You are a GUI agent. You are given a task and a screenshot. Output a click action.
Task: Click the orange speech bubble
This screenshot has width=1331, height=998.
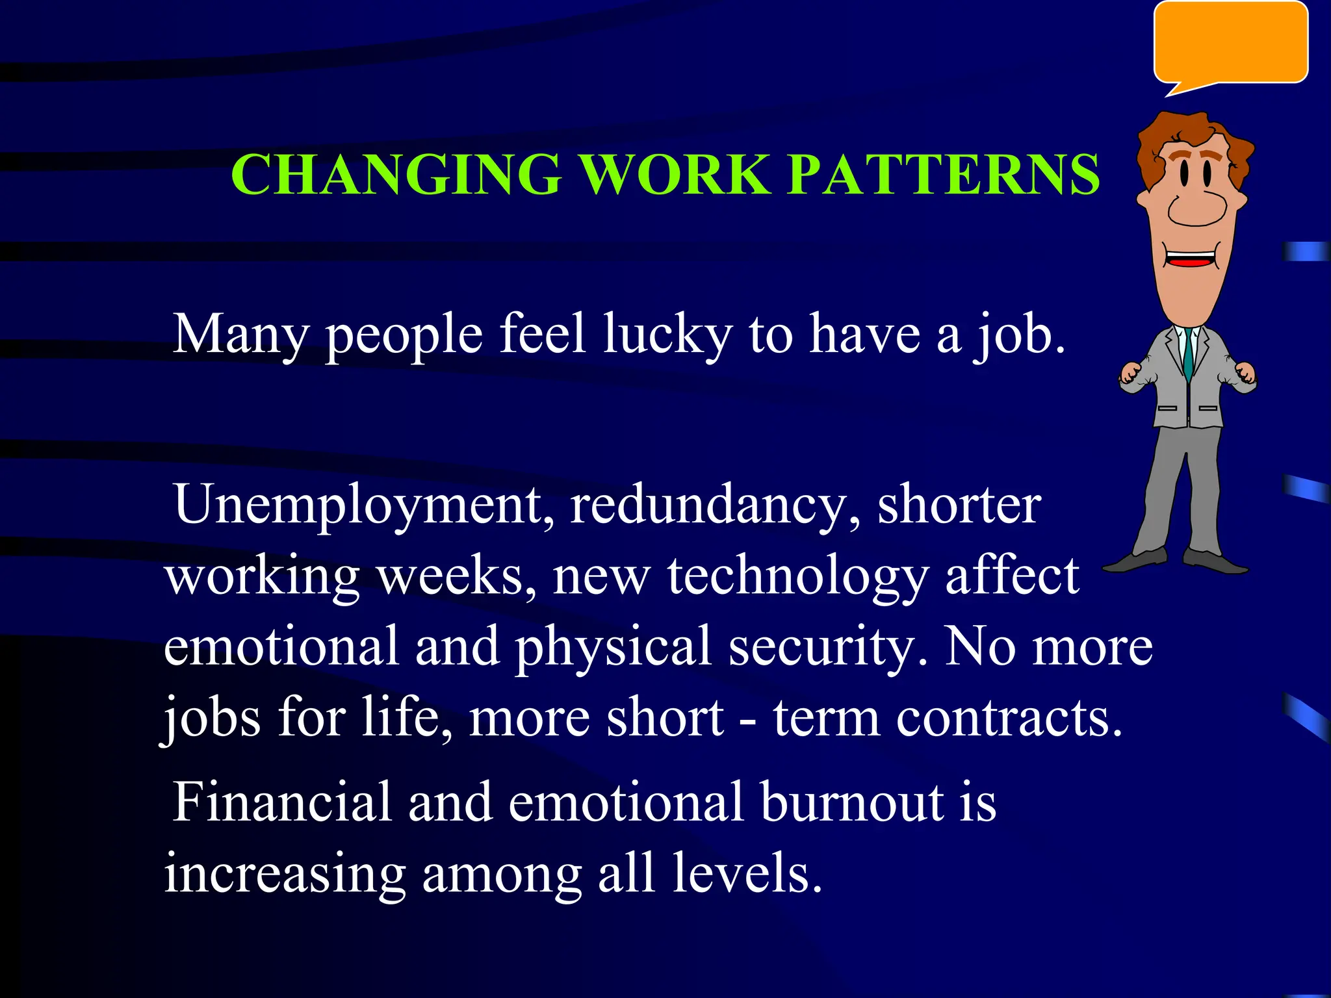click(x=1230, y=43)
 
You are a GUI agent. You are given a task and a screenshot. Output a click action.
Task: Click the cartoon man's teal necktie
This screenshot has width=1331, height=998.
click(x=1188, y=354)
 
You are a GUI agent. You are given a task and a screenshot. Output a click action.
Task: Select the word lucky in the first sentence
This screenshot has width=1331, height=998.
click(x=667, y=335)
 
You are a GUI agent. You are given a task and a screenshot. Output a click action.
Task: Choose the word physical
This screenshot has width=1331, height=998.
click(x=613, y=647)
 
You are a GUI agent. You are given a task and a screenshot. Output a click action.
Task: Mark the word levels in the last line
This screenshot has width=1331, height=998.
click(x=747, y=873)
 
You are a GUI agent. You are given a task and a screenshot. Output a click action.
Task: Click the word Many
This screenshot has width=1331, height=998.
click(x=240, y=335)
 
